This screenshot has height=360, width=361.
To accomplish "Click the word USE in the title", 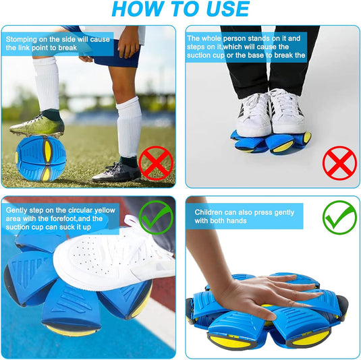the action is coord(227,9).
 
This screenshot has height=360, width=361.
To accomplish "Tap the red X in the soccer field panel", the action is coord(156,163).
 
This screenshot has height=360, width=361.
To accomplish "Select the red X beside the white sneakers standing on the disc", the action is coord(339,163).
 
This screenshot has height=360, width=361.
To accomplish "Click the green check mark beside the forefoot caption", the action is coord(156,217).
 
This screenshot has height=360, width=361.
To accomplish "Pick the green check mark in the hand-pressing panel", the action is coord(339,217).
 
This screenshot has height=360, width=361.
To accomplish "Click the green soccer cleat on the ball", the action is coord(38,126).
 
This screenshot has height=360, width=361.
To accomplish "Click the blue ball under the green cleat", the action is coord(40,158).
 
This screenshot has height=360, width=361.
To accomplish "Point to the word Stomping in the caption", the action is coord(21,40).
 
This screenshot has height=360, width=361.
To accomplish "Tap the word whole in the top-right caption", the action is coord(211,38).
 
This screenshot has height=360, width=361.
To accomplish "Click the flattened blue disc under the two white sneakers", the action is coord(272,142).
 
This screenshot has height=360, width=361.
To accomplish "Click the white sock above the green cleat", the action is coord(47,85).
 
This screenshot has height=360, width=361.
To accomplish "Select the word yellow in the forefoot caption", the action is coord(105,210).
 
